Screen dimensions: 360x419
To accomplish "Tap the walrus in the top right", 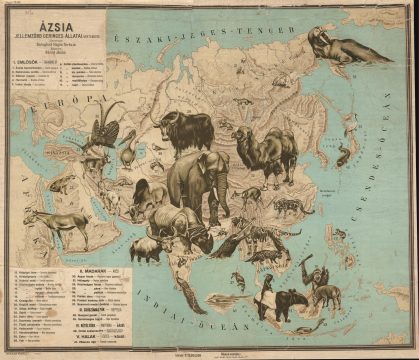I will tap(335, 45).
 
